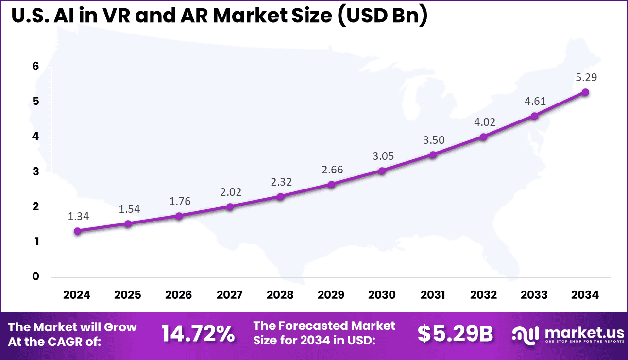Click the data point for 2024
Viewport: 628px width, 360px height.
coord(77,231)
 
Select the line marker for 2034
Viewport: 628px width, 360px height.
coord(585,92)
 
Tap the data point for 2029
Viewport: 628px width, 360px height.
coord(331,184)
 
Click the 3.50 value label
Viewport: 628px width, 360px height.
coord(433,140)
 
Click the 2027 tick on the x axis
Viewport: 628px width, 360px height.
coord(230,295)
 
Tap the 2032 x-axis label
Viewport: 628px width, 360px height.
coord(484,295)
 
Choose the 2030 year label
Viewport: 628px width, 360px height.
coord(382,295)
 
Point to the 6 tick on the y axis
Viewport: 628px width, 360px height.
coord(35,67)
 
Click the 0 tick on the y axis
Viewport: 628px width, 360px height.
coord(35,276)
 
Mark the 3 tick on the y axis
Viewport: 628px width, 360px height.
coord(35,171)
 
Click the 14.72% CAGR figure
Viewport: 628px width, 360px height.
coord(198,334)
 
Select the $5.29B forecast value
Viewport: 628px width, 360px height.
coord(455,334)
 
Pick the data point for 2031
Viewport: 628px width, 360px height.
coord(433,154)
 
